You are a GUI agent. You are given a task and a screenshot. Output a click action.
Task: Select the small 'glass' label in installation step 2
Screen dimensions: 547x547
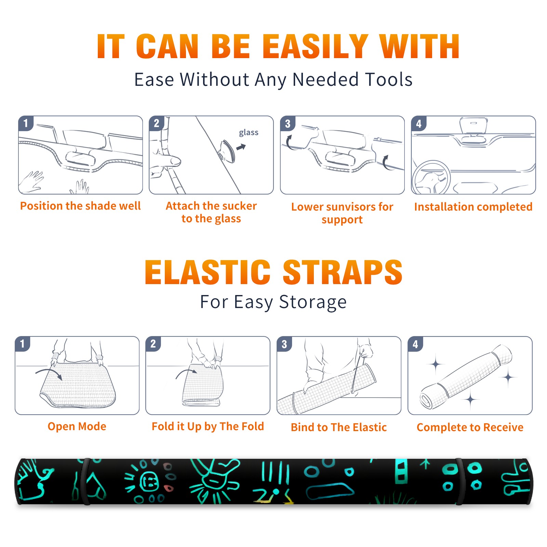(x=249, y=133)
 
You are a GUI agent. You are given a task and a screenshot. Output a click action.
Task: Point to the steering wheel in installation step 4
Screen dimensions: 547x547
(x=431, y=178)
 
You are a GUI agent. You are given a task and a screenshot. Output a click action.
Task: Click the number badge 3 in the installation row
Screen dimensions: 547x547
(x=288, y=123)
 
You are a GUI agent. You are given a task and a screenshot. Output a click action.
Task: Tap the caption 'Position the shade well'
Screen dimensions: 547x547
(x=80, y=206)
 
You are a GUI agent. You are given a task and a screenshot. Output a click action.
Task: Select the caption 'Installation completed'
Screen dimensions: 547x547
(x=473, y=206)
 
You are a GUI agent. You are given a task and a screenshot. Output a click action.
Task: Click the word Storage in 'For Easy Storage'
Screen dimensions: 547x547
(x=313, y=302)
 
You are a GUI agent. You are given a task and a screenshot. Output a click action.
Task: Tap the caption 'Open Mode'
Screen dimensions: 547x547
(x=77, y=427)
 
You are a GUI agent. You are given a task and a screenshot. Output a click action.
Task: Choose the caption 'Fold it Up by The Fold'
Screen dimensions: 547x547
(x=208, y=427)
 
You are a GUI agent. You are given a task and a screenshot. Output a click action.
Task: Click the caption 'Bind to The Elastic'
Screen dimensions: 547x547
(x=339, y=427)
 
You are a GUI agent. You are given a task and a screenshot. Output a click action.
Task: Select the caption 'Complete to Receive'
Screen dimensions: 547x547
(x=470, y=427)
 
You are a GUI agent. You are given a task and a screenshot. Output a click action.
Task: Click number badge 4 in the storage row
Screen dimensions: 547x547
(x=415, y=344)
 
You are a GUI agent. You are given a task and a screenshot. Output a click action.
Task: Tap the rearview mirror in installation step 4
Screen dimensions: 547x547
(x=473, y=127)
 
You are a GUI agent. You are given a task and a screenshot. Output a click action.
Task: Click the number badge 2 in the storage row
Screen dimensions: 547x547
(x=153, y=344)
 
